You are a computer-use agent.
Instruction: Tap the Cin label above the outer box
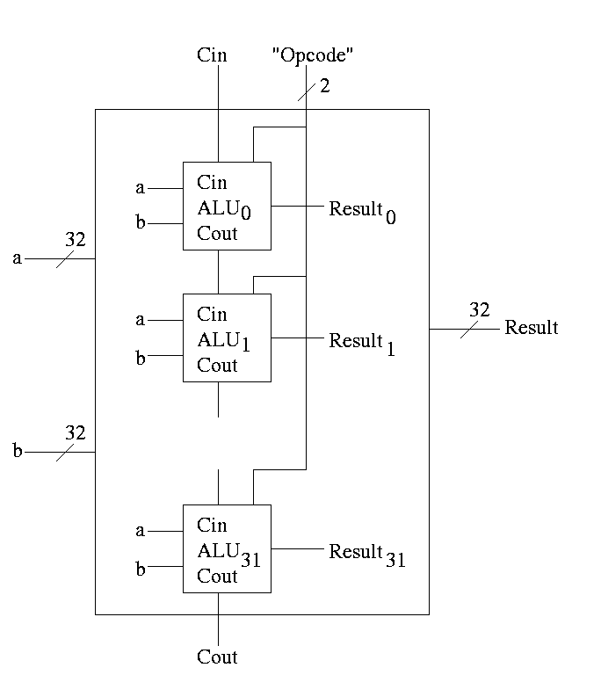[212, 55]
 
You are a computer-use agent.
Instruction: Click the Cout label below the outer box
[217, 657]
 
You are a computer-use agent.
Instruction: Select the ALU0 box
[227, 206]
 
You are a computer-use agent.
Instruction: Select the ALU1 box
[227, 337]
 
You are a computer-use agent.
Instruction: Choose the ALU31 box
[227, 548]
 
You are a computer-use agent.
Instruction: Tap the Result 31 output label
[366, 554]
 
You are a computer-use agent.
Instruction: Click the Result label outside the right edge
[531, 328]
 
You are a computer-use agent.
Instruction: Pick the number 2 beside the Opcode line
[324, 87]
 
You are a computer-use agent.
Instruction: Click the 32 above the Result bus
[479, 309]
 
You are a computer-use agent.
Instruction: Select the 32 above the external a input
[75, 239]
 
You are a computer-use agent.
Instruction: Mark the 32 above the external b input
[75, 432]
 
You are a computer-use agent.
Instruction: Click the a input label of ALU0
[140, 187]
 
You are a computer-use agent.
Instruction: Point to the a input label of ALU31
[140, 530]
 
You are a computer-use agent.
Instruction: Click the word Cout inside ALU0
[217, 234]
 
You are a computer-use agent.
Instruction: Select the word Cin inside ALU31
[212, 526]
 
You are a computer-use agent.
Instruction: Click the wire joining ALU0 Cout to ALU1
[218, 272]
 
